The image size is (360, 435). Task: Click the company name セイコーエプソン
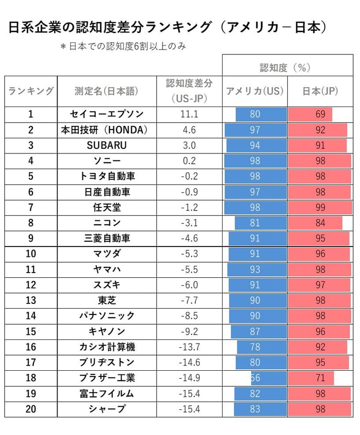point(107,114)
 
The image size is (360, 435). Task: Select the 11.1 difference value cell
point(189,114)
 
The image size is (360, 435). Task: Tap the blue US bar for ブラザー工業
point(269,378)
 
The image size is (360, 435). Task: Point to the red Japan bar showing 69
point(310,114)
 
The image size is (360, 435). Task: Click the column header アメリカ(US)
point(255,91)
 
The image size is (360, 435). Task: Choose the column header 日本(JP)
point(320,91)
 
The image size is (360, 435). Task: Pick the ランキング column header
point(31,91)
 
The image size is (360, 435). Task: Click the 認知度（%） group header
point(285,67)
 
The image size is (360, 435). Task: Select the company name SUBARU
point(107,145)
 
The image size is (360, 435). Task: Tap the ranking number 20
point(31,409)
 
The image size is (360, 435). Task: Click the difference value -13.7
point(189,347)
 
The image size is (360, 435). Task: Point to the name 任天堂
point(107,207)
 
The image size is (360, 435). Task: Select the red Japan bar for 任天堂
point(320,207)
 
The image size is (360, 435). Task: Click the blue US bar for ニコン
point(261,223)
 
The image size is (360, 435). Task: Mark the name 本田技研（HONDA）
point(104,130)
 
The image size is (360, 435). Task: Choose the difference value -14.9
point(189,378)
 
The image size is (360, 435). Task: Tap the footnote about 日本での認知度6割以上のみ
point(123,46)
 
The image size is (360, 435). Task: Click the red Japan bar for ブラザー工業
point(311,378)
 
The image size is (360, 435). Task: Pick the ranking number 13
point(31,300)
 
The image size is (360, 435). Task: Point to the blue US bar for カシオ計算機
point(262,347)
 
